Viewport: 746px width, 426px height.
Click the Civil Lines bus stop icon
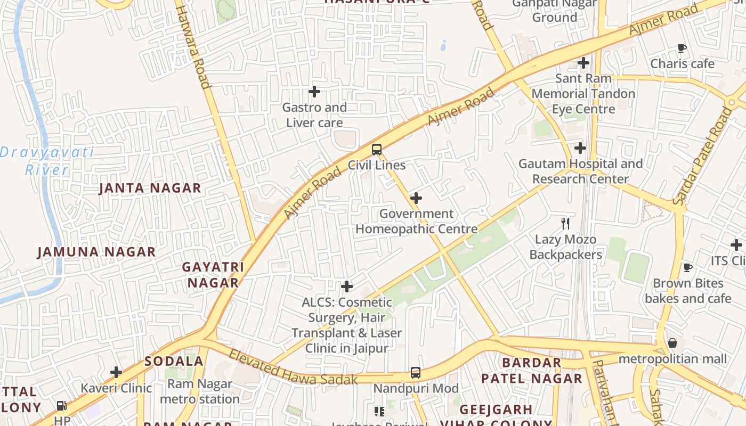click(377, 150)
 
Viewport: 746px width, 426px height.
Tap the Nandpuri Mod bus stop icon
click(416, 373)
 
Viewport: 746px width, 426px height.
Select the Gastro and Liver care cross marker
click(314, 92)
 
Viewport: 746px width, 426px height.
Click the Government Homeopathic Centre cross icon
click(416, 199)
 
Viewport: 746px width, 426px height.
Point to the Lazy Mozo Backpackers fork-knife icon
click(565, 224)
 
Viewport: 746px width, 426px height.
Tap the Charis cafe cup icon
click(682, 48)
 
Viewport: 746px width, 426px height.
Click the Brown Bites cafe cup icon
click(688, 267)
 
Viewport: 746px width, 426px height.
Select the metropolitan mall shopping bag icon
click(672, 343)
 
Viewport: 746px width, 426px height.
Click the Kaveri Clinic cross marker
click(116, 372)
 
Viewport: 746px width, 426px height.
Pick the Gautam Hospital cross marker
click(580, 148)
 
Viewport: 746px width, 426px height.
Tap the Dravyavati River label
click(47, 161)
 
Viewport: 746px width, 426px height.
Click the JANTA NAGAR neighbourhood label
click(150, 188)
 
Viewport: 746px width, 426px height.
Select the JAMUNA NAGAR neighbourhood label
click(96, 252)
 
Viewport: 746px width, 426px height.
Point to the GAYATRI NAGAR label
click(213, 275)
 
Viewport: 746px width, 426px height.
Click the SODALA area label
click(174, 361)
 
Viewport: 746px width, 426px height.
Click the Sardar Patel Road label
click(703, 155)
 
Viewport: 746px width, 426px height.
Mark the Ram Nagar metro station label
click(200, 391)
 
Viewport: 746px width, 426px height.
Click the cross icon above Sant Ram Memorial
click(583, 63)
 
